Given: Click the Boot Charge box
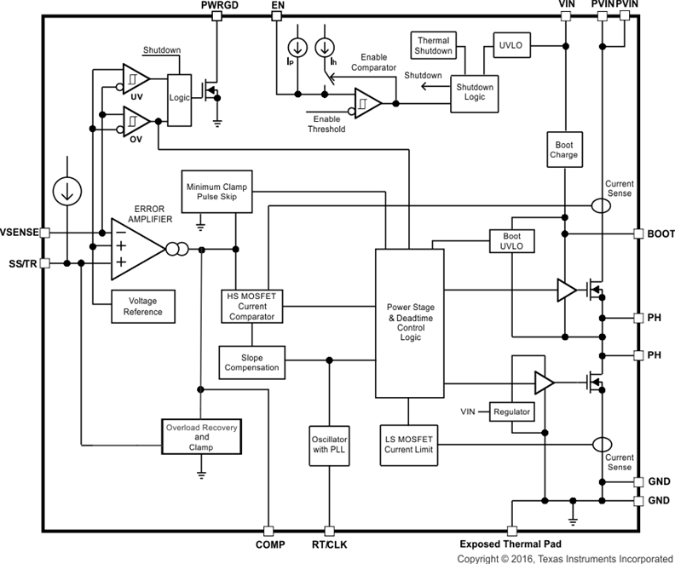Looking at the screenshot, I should [564, 150].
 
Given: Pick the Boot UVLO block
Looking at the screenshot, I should [511, 241].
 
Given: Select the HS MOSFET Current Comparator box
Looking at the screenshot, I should [251, 306].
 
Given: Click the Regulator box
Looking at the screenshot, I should [511, 412].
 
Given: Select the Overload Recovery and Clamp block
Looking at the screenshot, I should [201, 435].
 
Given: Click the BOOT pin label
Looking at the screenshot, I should [661, 233].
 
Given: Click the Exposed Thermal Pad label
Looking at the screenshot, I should [510, 544].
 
